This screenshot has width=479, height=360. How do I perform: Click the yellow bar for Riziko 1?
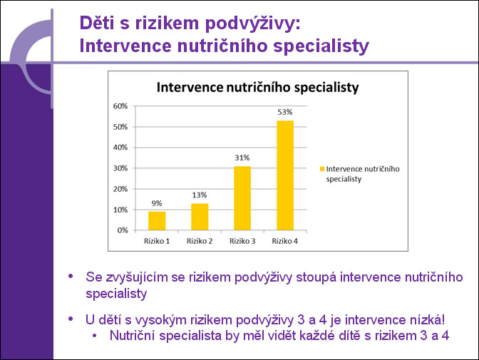(157, 221)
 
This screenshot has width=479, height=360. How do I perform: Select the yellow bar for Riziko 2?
(200, 217)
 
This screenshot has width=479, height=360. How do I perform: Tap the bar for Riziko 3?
(242, 198)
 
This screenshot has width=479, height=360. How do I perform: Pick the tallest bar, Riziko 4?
(285, 175)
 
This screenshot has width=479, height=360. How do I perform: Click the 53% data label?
(285, 112)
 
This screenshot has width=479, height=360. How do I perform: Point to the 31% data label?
(242, 158)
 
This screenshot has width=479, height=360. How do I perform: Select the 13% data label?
(200, 195)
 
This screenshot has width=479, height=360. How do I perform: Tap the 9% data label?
(157, 203)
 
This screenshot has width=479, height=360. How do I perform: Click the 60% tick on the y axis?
(120, 106)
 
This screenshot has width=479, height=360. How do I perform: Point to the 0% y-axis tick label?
(123, 230)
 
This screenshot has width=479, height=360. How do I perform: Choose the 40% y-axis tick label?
(120, 148)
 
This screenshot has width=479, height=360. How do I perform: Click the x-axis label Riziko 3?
(242, 241)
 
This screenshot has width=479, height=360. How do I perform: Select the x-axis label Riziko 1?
(157, 241)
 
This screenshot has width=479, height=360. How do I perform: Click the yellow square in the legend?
(321, 169)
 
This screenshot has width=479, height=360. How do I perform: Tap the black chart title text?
(257, 88)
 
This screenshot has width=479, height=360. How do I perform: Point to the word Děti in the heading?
(96, 23)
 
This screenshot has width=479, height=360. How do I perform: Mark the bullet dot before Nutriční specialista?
(94, 336)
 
